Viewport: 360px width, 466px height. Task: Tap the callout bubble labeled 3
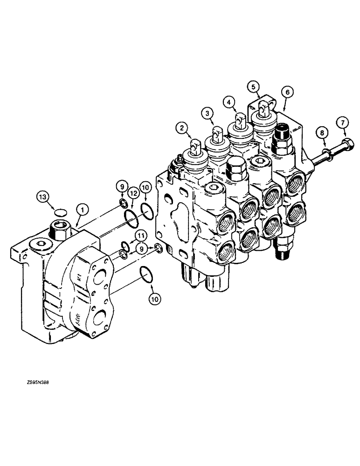[208, 112]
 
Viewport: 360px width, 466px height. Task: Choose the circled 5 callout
[252, 87]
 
